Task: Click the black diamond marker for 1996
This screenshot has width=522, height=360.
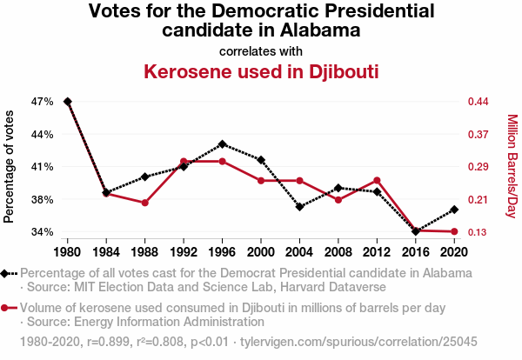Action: (223, 143)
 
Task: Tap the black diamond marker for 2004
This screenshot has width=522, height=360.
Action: (299, 207)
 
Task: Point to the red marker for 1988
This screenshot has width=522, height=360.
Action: (145, 203)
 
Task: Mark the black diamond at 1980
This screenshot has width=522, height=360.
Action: (68, 102)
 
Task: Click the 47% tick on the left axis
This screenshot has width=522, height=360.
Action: (43, 102)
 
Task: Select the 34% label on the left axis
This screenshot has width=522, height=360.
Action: (43, 232)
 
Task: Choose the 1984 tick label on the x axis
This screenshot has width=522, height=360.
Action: (106, 251)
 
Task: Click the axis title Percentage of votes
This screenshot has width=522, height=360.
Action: (10, 167)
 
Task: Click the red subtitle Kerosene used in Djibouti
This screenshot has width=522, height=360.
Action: (261, 70)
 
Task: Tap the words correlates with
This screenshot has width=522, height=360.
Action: (261, 50)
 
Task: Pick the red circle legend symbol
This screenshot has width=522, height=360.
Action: (7, 308)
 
